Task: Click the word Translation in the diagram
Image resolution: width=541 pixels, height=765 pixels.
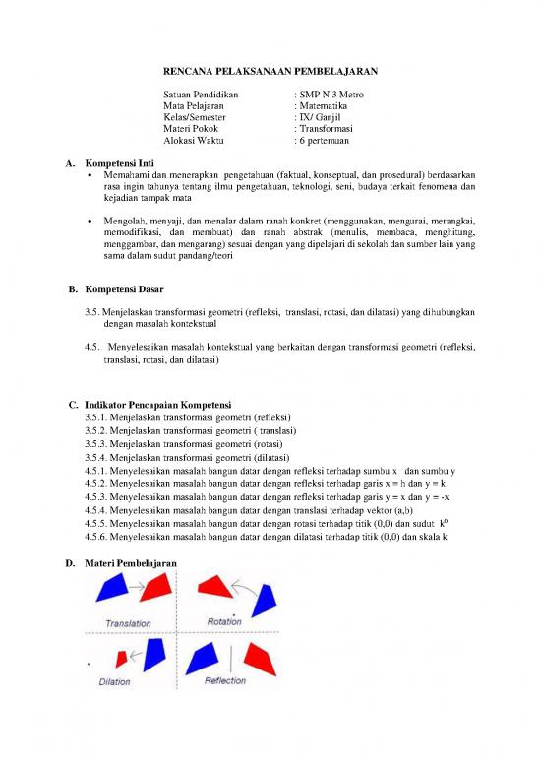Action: coord(128,623)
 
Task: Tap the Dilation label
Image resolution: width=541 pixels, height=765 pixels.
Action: coord(114,681)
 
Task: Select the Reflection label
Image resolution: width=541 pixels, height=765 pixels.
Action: coord(225,680)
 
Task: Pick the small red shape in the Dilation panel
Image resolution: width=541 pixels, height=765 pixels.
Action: coord(128,655)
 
